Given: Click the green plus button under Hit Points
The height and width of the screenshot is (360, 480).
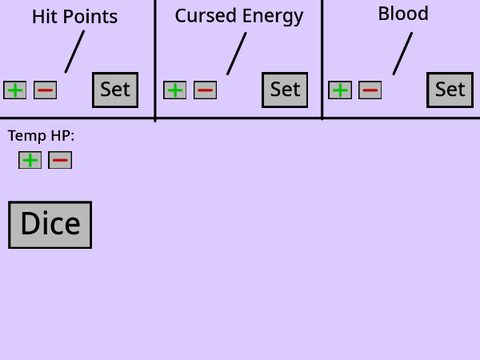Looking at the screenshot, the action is point(15,90).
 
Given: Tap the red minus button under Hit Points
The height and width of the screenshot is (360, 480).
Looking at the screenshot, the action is point(45,90).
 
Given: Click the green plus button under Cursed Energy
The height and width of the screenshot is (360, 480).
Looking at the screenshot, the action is point(175,90).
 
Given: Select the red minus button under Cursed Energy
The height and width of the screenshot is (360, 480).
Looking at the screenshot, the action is point(205,90).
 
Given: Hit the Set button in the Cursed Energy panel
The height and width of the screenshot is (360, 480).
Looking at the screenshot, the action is point(285,90).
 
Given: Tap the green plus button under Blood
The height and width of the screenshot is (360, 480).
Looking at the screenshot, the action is point(340,90).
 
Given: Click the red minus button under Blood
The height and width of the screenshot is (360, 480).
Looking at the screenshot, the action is point(370,90).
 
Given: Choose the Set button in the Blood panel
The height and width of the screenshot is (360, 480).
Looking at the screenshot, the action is point(450,90).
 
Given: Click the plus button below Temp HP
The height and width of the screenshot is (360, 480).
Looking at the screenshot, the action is point(30,160).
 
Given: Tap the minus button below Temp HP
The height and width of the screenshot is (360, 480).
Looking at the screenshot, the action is point(60,160).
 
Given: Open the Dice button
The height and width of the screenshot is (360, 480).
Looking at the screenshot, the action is point(50,225).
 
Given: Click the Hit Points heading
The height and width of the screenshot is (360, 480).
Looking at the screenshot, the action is point(75,17).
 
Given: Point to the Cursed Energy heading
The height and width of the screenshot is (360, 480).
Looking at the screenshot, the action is point(239,17).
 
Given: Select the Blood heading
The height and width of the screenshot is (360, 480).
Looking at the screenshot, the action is point(403,14).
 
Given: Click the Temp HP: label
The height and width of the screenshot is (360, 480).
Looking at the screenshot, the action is point(41,136).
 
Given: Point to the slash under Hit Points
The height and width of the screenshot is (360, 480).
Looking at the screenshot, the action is point(75,52).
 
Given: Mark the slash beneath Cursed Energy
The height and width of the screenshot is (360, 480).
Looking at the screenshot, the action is point(237,53).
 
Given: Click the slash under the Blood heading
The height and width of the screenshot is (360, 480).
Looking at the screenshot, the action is point(403,53).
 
